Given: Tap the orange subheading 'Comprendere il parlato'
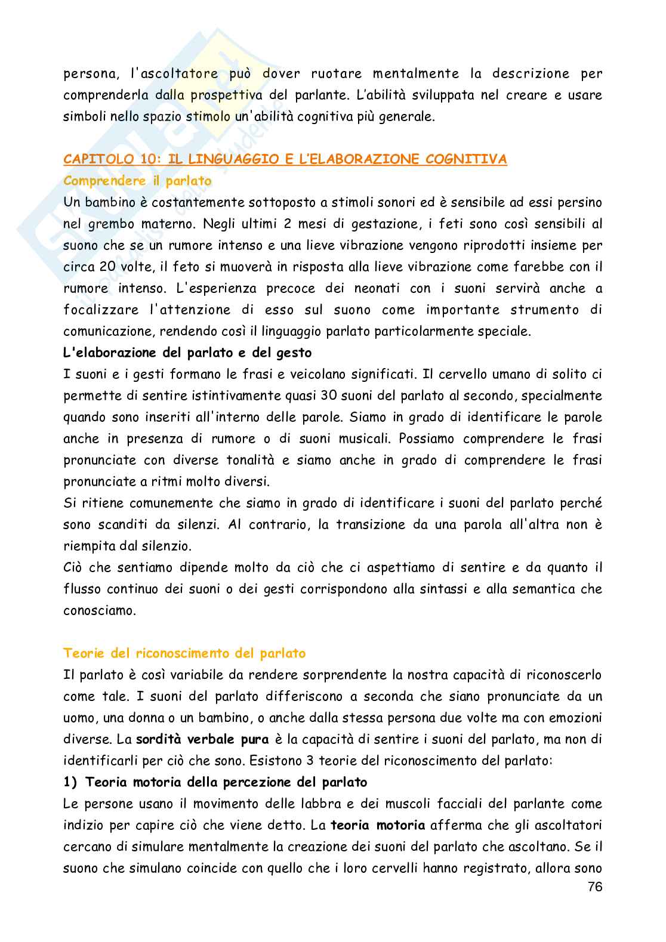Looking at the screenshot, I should pyautogui.click(x=137, y=181).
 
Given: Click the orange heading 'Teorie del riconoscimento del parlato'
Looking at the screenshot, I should pyautogui.click(x=184, y=653).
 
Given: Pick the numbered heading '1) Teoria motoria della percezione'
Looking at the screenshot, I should pyautogui.click(x=215, y=782).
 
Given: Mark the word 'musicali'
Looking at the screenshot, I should pyautogui.click(x=338, y=438).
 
